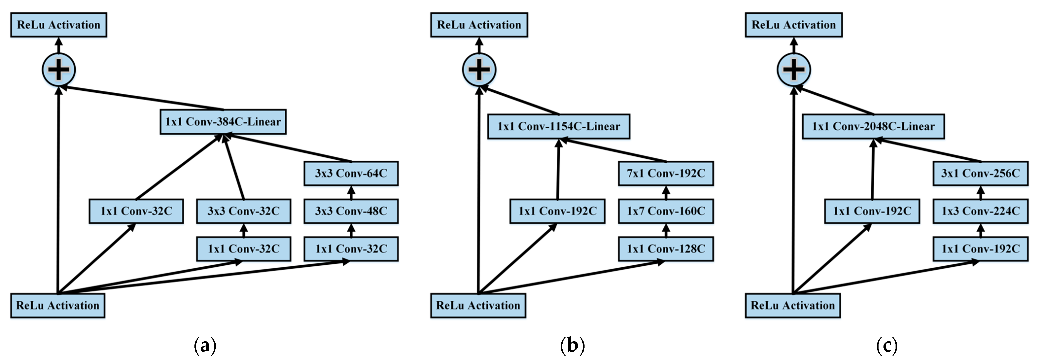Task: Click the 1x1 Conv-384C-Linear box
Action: (223, 122)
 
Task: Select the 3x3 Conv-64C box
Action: (351, 173)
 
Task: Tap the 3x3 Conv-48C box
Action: (351, 211)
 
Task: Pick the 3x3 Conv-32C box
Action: (243, 211)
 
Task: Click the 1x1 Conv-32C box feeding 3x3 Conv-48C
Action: (351, 249)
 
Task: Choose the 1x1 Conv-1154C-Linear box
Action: (559, 126)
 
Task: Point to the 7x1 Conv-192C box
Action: (666, 173)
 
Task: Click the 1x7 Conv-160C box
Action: (666, 211)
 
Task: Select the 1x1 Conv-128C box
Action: (666, 249)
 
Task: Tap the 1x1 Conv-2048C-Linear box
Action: (873, 126)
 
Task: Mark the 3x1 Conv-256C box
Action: (980, 173)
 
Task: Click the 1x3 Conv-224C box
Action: (980, 211)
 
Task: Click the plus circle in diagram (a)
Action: (59, 70)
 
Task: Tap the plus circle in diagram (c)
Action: (794, 70)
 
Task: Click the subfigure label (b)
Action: (572, 345)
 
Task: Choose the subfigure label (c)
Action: (887, 345)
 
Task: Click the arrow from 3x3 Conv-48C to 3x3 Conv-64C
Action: (351, 192)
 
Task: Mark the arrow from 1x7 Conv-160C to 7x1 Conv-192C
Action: (666, 192)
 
